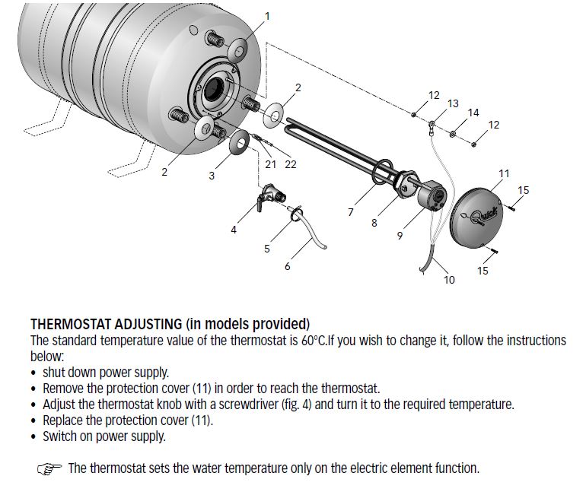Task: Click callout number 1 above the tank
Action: pyautogui.click(x=266, y=15)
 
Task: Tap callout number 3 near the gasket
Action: pyautogui.click(x=212, y=176)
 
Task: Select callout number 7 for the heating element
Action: pyautogui.click(x=351, y=212)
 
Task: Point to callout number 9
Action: pyautogui.click(x=400, y=236)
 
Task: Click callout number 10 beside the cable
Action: pyautogui.click(x=449, y=280)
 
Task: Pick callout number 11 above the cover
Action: pyautogui.click(x=503, y=173)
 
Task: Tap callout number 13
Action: pyautogui.click(x=453, y=103)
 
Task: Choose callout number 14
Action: pyautogui.click(x=473, y=113)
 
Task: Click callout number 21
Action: pyautogui.click(x=270, y=164)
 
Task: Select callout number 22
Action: pyautogui.click(x=290, y=164)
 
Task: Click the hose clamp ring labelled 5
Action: pyautogui.click(x=295, y=215)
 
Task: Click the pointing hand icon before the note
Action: pyautogui.click(x=49, y=468)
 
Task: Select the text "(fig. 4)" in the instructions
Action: pyautogui.click(x=292, y=404)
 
